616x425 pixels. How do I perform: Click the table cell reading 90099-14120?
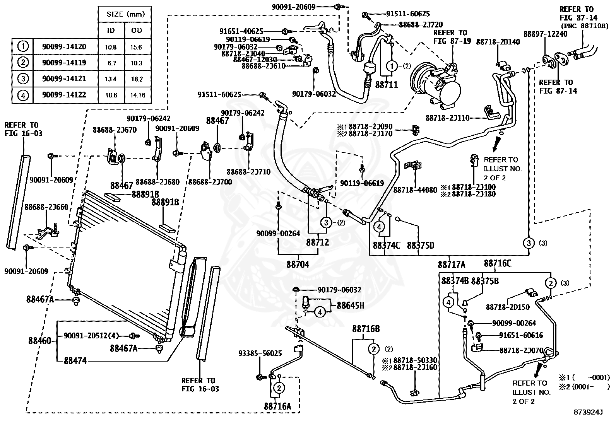coord(64,46)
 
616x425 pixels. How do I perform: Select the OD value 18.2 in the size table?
coord(137,79)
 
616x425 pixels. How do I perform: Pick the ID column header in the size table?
coord(111,30)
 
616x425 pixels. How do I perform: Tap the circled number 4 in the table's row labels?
coord(23,95)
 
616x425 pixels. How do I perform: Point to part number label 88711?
coord(387,85)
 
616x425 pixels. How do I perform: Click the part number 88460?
coord(39,341)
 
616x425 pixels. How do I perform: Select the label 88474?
coord(75,360)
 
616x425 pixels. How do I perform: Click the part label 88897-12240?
coord(545,34)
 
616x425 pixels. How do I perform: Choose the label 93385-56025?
coord(260,353)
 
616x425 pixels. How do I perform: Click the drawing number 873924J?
coord(588,412)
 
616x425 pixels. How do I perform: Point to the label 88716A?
coord(277,406)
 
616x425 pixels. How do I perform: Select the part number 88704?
coord(298,265)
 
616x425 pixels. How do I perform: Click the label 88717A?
coord(452,265)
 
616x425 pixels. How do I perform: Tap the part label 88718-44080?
coord(415,190)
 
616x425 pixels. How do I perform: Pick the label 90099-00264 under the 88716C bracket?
coord(514,323)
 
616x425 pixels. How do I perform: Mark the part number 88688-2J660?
coord(46,207)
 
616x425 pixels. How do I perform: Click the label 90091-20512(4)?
coord(91,336)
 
